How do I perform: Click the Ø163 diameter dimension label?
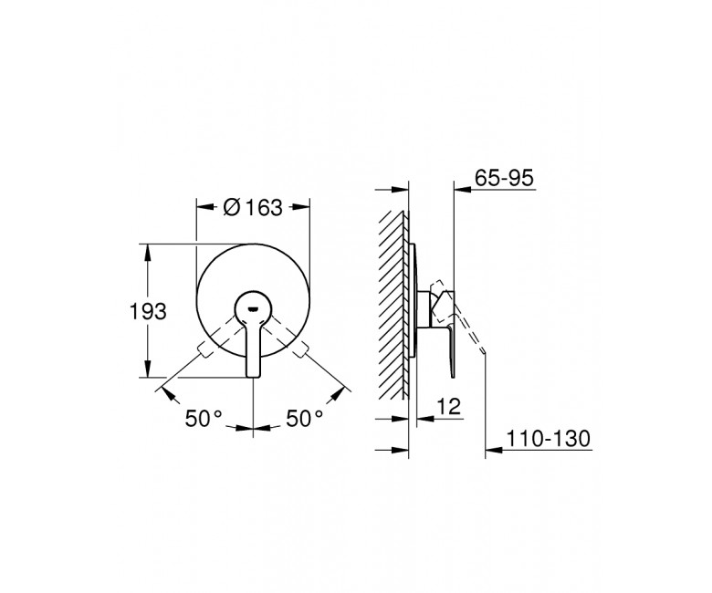253,207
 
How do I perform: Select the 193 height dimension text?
148,312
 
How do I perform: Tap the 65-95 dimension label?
504,177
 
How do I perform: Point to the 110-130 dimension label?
548,439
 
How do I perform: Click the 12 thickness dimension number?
449,406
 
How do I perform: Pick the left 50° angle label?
204,418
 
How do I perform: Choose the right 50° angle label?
304,418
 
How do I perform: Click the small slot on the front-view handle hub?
253,310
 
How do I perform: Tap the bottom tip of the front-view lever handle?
254,376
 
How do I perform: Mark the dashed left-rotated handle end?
203,351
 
